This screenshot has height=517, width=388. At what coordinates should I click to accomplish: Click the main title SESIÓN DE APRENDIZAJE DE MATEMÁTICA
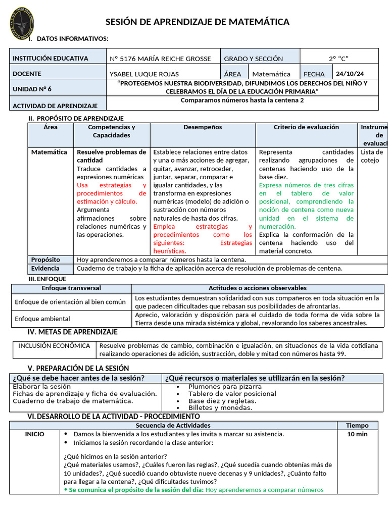tap(197, 22)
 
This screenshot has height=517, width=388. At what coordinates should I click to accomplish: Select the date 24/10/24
tap(350, 73)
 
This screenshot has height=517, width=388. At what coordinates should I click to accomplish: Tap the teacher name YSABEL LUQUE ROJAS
tap(144, 74)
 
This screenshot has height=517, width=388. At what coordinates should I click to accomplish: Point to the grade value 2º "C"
tap(339, 59)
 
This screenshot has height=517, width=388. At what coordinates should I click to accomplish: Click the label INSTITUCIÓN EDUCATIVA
tap(50, 59)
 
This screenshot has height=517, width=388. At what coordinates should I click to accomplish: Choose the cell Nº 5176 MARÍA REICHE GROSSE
tap(160, 59)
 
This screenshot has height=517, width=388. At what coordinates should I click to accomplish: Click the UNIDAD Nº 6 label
tap(32, 89)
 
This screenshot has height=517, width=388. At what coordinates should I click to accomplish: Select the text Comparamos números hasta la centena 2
tap(242, 100)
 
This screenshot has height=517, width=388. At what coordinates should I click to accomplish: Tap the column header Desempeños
tap(203, 127)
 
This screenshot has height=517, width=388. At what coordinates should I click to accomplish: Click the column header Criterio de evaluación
tap(306, 127)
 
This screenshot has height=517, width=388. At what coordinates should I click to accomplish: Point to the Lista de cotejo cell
tap(372, 156)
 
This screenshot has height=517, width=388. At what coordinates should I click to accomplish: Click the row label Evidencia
tap(45, 269)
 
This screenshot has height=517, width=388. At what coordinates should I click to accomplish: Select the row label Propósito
tap(45, 260)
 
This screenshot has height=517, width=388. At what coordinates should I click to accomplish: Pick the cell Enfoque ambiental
tap(42, 319)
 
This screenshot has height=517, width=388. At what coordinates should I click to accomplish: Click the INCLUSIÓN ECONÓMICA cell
tap(54, 346)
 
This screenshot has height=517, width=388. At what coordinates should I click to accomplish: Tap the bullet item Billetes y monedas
tap(220, 407)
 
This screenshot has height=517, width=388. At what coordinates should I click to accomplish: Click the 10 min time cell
tap(357, 434)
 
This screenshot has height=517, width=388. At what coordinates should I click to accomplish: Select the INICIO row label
tap(34, 434)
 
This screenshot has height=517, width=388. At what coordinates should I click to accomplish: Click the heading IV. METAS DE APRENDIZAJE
tap(72, 332)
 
